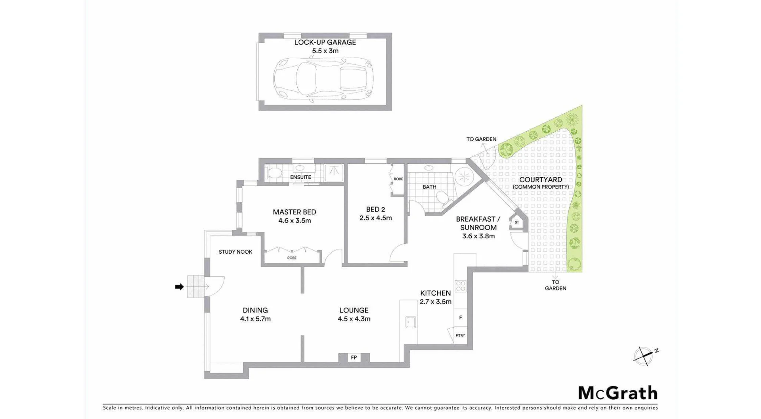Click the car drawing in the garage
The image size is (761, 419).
[x=323, y=78]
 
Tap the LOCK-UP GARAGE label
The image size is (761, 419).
[x=325, y=42]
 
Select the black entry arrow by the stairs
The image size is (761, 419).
[x=180, y=287]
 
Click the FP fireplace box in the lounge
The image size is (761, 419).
[x=354, y=358]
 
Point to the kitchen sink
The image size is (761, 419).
[x=411, y=322]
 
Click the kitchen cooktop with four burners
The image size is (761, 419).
[x=461, y=286]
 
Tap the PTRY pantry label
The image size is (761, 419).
[x=460, y=335]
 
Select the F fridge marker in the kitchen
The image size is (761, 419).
[x=461, y=318]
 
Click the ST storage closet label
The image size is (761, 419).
[x=517, y=222]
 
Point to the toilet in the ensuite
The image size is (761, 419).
[x=274, y=173]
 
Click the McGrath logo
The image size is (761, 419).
[x=618, y=393]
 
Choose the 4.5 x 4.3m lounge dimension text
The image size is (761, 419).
[x=354, y=319]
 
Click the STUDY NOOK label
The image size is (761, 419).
[x=235, y=252]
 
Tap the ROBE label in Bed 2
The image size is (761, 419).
[x=398, y=179]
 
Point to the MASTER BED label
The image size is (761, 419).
[x=294, y=212]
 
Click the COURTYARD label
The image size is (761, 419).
[x=540, y=180]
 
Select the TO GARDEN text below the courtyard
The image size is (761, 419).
[x=555, y=285]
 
